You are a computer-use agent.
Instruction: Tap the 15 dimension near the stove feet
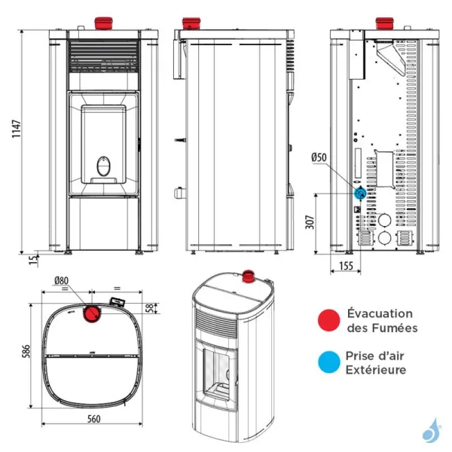click(x=32, y=261)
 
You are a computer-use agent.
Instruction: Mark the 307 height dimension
click(x=310, y=222)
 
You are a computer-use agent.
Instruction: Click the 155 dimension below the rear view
click(x=347, y=266)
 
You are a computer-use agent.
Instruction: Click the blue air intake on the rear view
click(x=360, y=193)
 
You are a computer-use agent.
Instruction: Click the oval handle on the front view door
click(x=103, y=165)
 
